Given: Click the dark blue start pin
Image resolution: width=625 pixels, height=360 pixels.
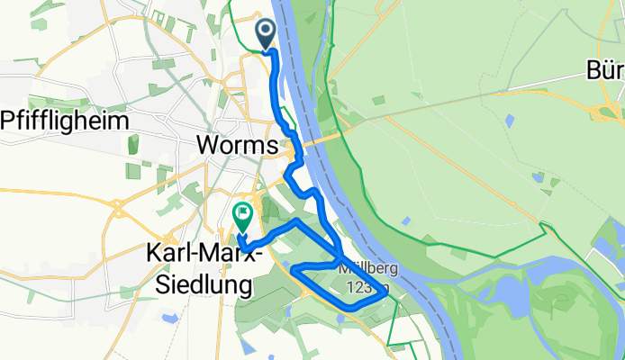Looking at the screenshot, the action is pyautogui.click(x=267, y=34).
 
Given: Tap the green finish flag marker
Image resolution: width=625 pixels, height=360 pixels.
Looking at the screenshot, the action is pyautogui.click(x=242, y=215).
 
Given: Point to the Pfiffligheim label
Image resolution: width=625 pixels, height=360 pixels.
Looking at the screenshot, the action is pyautogui.click(x=66, y=120).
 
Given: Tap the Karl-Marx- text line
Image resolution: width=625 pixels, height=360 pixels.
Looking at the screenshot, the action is pyautogui.click(x=203, y=256).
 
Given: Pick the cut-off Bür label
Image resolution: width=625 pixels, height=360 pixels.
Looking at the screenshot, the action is pyautogui.click(x=605, y=70).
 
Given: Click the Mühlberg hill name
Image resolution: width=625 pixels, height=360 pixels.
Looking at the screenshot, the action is pyautogui.click(x=365, y=268).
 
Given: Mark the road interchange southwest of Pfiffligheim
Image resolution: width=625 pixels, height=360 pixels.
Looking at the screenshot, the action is pyautogui.click(x=118, y=211).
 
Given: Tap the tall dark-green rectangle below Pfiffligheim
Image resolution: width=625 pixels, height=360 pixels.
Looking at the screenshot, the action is pyautogui.click(x=134, y=144).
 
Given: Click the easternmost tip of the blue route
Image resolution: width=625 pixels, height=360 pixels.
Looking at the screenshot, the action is pyautogui.click(x=387, y=292).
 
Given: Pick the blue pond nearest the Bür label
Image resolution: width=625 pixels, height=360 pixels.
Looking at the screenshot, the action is pyautogui.click(x=511, y=119).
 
